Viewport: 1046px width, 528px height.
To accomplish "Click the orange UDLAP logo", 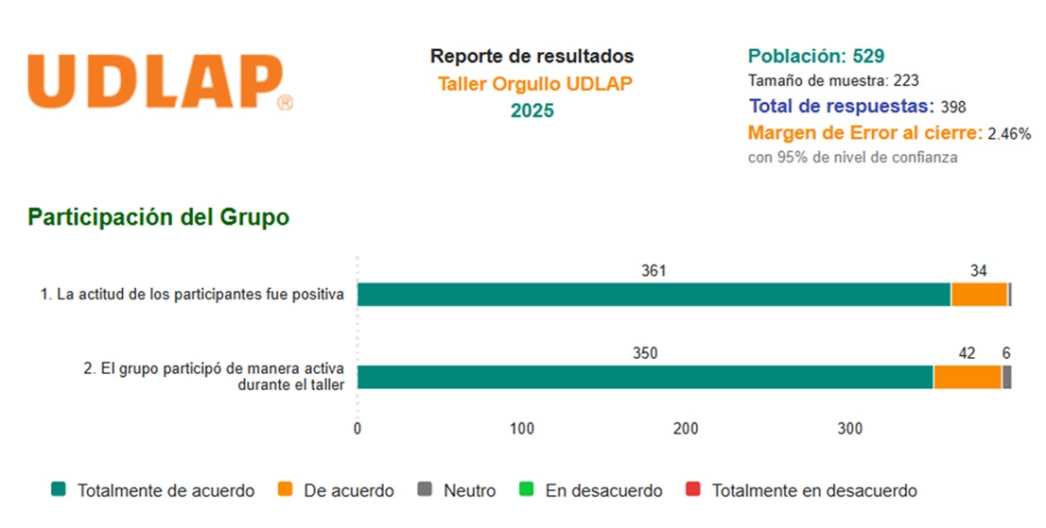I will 157,82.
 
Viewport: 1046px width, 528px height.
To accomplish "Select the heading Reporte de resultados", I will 532,57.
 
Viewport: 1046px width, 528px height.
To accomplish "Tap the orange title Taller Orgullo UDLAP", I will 534,83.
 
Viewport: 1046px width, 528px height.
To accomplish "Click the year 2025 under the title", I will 532,111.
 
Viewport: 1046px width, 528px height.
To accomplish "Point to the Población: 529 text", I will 815,56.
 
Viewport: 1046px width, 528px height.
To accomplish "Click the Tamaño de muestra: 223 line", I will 833,81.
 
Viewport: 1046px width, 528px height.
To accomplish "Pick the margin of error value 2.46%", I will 1009,133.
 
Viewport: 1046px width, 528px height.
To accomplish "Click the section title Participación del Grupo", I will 158,217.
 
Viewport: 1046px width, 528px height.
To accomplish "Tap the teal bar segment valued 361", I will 654,295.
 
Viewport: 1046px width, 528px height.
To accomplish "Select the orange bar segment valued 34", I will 979,295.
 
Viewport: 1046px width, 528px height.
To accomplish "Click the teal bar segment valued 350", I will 645,377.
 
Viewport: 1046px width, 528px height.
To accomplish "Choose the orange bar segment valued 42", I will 967,377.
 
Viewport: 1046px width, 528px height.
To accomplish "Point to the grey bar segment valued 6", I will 1007,377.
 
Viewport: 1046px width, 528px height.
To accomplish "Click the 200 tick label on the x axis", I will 686,429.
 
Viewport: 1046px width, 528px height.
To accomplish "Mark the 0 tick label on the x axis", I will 357,429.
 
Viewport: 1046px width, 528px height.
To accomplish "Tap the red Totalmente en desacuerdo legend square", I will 693,490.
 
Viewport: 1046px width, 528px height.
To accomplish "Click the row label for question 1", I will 191,295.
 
